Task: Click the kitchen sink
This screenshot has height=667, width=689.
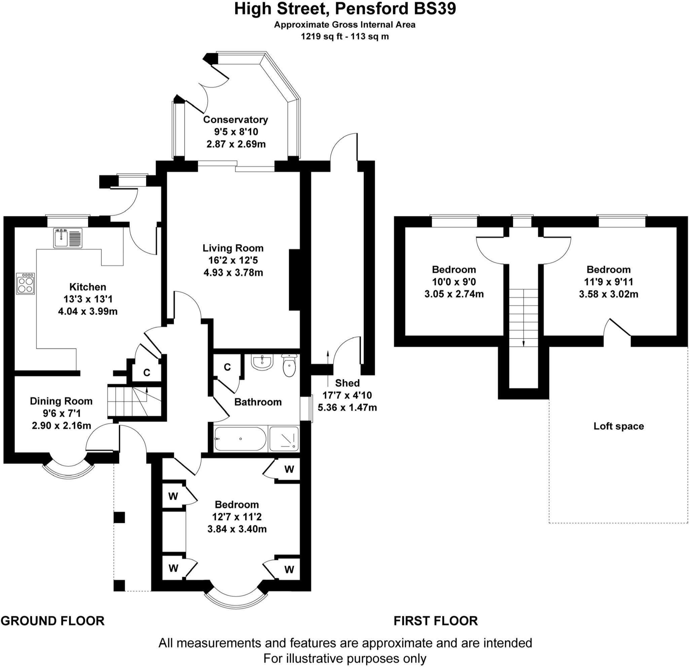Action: point(68,238)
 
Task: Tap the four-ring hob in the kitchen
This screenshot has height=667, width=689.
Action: point(25,283)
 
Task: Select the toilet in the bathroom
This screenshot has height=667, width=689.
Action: point(289,365)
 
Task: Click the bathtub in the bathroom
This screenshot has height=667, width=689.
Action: point(241,439)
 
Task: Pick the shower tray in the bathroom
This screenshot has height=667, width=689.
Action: point(284,439)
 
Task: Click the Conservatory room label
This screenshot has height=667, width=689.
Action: point(235,119)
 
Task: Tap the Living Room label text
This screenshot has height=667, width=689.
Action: point(233,248)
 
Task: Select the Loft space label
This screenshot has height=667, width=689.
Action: point(619,426)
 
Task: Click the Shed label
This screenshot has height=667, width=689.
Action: point(347,383)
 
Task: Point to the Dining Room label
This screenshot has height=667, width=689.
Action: point(61,401)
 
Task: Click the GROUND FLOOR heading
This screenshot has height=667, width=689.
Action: point(53,621)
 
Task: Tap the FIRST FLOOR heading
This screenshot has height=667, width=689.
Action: point(436,621)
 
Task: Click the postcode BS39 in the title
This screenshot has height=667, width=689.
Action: point(435,9)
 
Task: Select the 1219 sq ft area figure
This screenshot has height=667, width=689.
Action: point(322,36)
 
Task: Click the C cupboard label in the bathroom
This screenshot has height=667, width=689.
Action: point(227,367)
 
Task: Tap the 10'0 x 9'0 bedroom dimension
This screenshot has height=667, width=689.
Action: point(454,282)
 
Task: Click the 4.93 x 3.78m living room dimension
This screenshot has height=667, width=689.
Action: point(233,273)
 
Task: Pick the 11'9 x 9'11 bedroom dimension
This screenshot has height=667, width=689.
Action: point(609,282)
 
